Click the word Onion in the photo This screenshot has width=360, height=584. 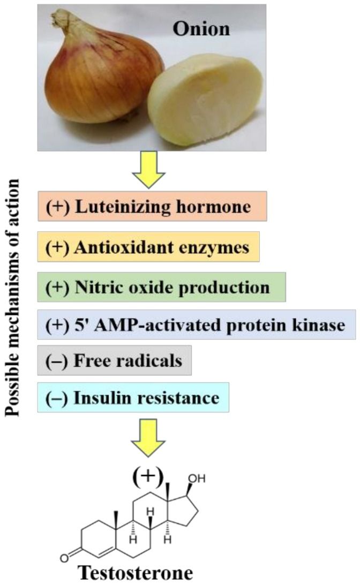[201, 28]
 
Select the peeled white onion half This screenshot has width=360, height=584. [206, 104]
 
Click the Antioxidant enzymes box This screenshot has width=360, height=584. [148, 247]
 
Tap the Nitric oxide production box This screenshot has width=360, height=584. [161, 287]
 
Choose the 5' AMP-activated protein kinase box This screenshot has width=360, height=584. [196, 324]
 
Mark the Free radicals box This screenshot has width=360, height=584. [114, 360]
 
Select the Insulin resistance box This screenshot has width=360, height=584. [133, 398]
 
